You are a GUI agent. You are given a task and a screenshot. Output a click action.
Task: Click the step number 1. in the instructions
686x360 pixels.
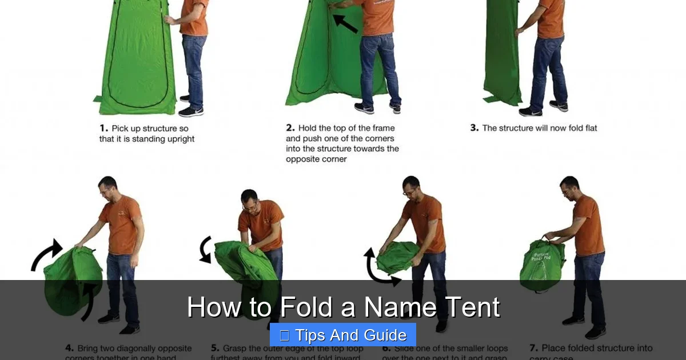(x=103, y=129)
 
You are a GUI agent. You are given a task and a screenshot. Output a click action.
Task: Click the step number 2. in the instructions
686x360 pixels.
(x=290, y=129)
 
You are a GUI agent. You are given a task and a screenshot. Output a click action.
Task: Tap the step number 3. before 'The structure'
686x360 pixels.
(x=474, y=128)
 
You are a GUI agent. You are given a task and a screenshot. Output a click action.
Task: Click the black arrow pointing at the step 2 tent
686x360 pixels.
(x=345, y=23)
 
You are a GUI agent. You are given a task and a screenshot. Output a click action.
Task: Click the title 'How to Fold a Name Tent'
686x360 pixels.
(x=343, y=307)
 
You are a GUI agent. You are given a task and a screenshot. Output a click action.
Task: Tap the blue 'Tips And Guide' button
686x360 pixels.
(x=343, y=335)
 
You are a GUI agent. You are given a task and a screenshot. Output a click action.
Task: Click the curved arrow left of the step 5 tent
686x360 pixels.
(x=205, y=250)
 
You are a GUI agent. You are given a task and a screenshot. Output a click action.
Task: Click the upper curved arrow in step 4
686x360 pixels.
(x=47, y=254)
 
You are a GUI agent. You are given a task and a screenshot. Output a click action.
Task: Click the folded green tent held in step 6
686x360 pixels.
(x=398, y=256)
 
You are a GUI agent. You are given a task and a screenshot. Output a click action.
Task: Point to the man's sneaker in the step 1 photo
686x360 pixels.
(x=190, y=111)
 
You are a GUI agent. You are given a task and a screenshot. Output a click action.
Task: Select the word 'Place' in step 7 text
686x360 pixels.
(x=555, y=348)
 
